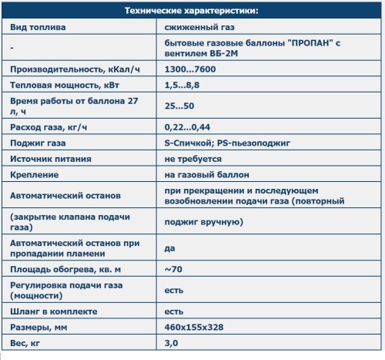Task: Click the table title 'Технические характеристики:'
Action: (192, 12)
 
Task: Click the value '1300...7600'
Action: (190, 69)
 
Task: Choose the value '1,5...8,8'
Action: (183, 85)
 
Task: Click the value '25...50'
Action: (179, 106)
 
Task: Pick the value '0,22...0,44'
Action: (189, 126)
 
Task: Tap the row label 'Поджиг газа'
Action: (38, 143)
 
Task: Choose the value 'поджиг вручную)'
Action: (204, 223)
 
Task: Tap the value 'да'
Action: (170, 248)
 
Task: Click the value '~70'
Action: (174, 269)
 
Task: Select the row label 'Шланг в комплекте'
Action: (55, 311)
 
